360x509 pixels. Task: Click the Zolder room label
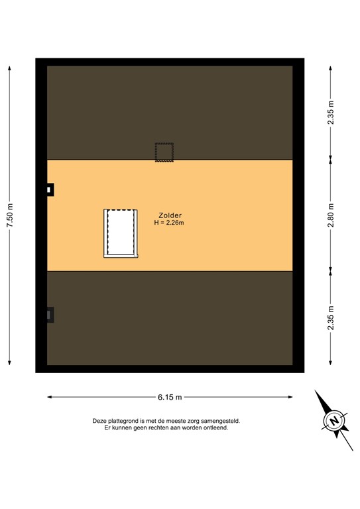170,215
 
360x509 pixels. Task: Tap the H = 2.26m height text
169,223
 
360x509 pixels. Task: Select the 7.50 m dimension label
10,215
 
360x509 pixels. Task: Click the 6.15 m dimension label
170,397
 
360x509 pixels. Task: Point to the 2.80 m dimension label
331,215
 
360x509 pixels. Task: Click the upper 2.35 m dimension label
331,112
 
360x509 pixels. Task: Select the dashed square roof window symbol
164,152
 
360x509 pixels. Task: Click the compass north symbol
334,421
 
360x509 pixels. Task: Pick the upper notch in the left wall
50,190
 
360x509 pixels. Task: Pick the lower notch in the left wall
50,315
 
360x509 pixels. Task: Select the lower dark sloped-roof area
170,318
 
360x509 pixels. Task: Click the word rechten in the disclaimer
155,428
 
